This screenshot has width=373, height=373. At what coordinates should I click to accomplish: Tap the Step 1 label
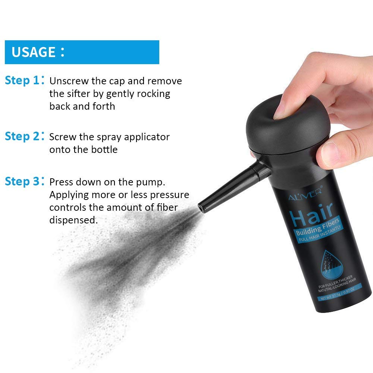pyautogui.click(x=22, y=81)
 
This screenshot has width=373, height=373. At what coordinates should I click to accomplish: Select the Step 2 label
pyautogui.click(x=22, y=137)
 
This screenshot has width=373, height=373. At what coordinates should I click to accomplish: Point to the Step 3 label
pyautogui.click(x=22, y=182)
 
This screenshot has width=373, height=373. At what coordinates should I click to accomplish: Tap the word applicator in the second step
pyautogui.click(x=147, y=137)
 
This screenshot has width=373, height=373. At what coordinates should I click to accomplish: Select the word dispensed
pyautogui.click(x=73, y=220)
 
